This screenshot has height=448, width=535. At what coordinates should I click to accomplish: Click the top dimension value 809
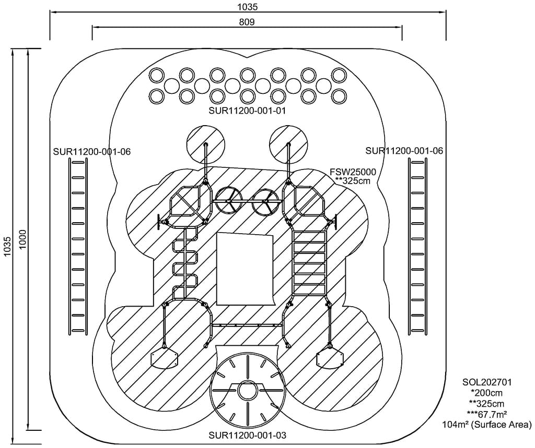pos(247,22)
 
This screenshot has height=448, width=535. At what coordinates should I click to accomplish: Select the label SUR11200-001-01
pos(247,111)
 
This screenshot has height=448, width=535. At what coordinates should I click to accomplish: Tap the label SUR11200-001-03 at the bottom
pos(247,435)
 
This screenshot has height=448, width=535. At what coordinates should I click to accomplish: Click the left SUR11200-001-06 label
pos(92,152)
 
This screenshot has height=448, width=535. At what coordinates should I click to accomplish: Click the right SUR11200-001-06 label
pos(404,151)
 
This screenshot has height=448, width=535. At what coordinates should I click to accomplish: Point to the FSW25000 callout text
pos(353,172)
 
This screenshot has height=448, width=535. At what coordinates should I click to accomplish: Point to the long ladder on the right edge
pos(418,246)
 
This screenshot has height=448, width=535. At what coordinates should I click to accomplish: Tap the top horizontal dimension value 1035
pos(247,7)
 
